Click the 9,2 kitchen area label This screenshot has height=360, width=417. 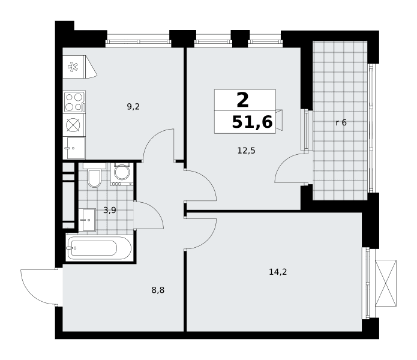(133, 107)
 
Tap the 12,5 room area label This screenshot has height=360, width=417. (246, 151)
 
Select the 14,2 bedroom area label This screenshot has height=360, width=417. (278, 272)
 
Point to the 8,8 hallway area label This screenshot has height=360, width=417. (158, 290)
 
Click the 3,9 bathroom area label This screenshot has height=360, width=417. (110, 211)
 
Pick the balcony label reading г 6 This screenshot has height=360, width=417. (341, 122)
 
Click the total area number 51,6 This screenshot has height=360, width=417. (252, 122)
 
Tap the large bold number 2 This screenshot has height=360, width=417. (242, 100)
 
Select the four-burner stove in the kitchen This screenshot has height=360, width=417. (74, 101)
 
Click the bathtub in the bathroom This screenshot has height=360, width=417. (99, 248)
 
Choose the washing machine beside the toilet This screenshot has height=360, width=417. (122, 174)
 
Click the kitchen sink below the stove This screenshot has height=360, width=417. (74, 148)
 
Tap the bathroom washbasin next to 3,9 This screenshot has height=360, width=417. (87, 220)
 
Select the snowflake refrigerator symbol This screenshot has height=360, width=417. (73, 67)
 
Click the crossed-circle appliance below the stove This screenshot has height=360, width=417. (73, 125)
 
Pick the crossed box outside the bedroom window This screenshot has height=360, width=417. (386, 283)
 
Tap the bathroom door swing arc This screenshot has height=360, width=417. (155, 210)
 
